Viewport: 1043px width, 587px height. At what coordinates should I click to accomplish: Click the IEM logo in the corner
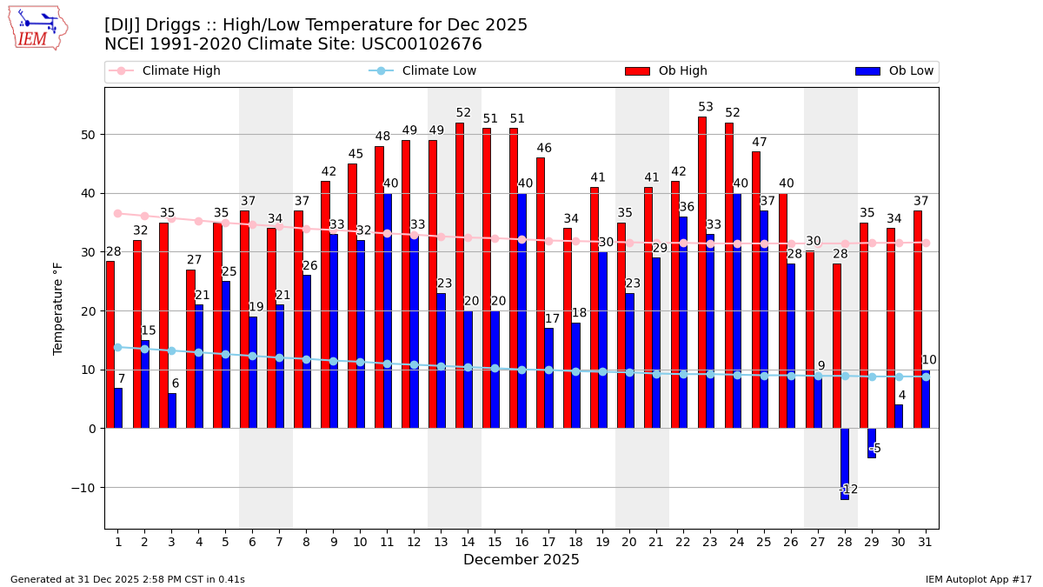click(x=37, y=28)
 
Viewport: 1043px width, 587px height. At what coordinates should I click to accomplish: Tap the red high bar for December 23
click(x=702, y=272)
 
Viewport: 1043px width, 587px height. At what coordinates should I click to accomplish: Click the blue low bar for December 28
click(x=844, y=464)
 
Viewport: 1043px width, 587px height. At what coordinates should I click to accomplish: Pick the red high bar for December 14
click(x=460, y=275)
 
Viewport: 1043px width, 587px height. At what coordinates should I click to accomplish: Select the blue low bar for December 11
click(x=387, y=310)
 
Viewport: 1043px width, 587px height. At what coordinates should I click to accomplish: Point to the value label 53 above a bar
click(x=706, y=108)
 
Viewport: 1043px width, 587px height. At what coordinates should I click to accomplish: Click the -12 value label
click(x=848, y=490)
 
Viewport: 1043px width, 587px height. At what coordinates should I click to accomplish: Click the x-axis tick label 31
click(x=925, y=543)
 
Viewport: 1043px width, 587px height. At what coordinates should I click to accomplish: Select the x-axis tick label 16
click(x=521, y=543)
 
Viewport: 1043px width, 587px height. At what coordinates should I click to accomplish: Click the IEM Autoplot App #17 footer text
click(x=978, y=579)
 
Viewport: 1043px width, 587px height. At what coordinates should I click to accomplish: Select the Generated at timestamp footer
click(x=128, y=579)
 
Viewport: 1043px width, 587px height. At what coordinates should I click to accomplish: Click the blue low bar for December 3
click(x=172, y=410)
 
